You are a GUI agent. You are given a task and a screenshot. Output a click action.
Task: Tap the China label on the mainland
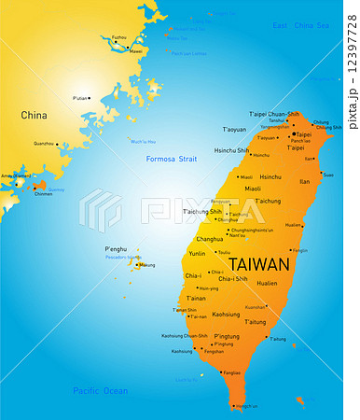34,116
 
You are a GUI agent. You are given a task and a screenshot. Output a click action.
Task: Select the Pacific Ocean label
100,390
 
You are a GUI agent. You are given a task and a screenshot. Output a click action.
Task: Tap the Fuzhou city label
118,37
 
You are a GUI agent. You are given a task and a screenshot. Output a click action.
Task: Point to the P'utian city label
81,97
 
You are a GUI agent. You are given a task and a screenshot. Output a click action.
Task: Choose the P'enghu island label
116,249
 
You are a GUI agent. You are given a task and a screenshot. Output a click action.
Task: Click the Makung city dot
136,265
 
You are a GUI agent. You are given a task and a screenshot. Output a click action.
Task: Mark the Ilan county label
304,182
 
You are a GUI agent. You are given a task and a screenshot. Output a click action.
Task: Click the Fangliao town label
231,372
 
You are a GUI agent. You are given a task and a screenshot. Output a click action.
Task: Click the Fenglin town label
299,250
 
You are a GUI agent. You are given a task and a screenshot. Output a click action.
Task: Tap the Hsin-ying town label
209,288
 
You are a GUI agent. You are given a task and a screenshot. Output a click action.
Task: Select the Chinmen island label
43,194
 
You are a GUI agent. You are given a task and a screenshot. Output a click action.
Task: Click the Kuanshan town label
255,306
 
